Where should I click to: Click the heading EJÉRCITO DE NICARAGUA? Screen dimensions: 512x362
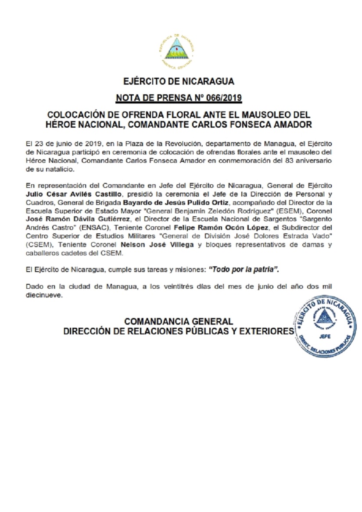tap(179, 82)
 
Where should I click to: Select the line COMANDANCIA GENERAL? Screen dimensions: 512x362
tap(179, 322)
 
